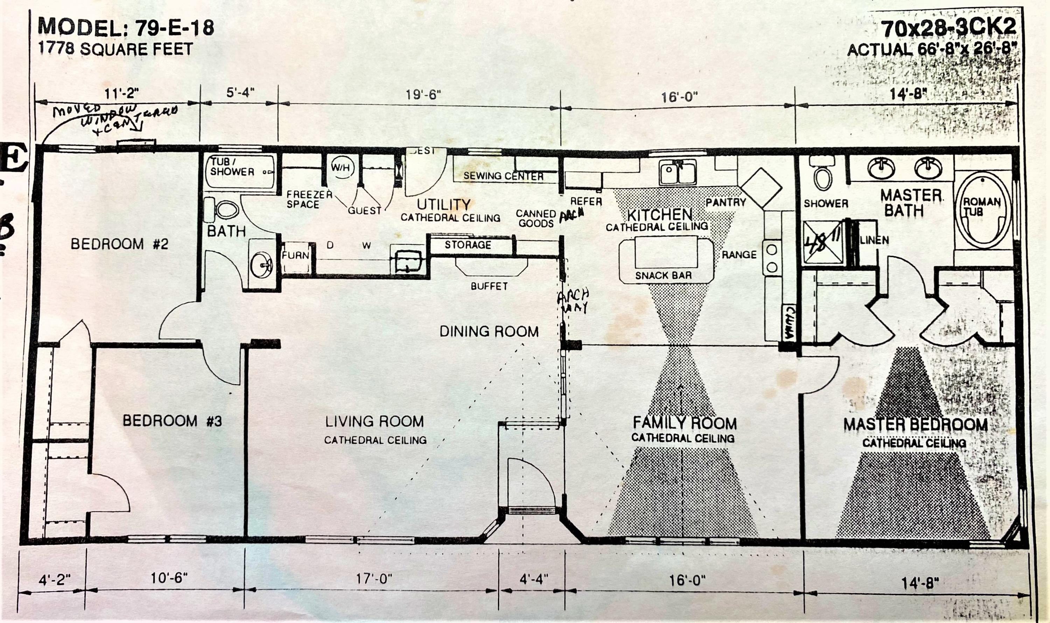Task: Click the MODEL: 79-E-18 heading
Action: click(126, 28)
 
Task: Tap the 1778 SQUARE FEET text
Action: click(115, 49)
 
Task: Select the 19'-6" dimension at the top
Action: click(423, 95)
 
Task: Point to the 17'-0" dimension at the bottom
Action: click(374, 579)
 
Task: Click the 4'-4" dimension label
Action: click(534, 579)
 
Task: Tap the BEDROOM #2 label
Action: click(119, 244)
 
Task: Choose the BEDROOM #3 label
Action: click(172, 421)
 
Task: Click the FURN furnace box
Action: click(295, 255)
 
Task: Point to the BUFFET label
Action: click(489, 286)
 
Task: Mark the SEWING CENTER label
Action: click(503, 176)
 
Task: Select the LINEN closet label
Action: click(874, 241)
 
